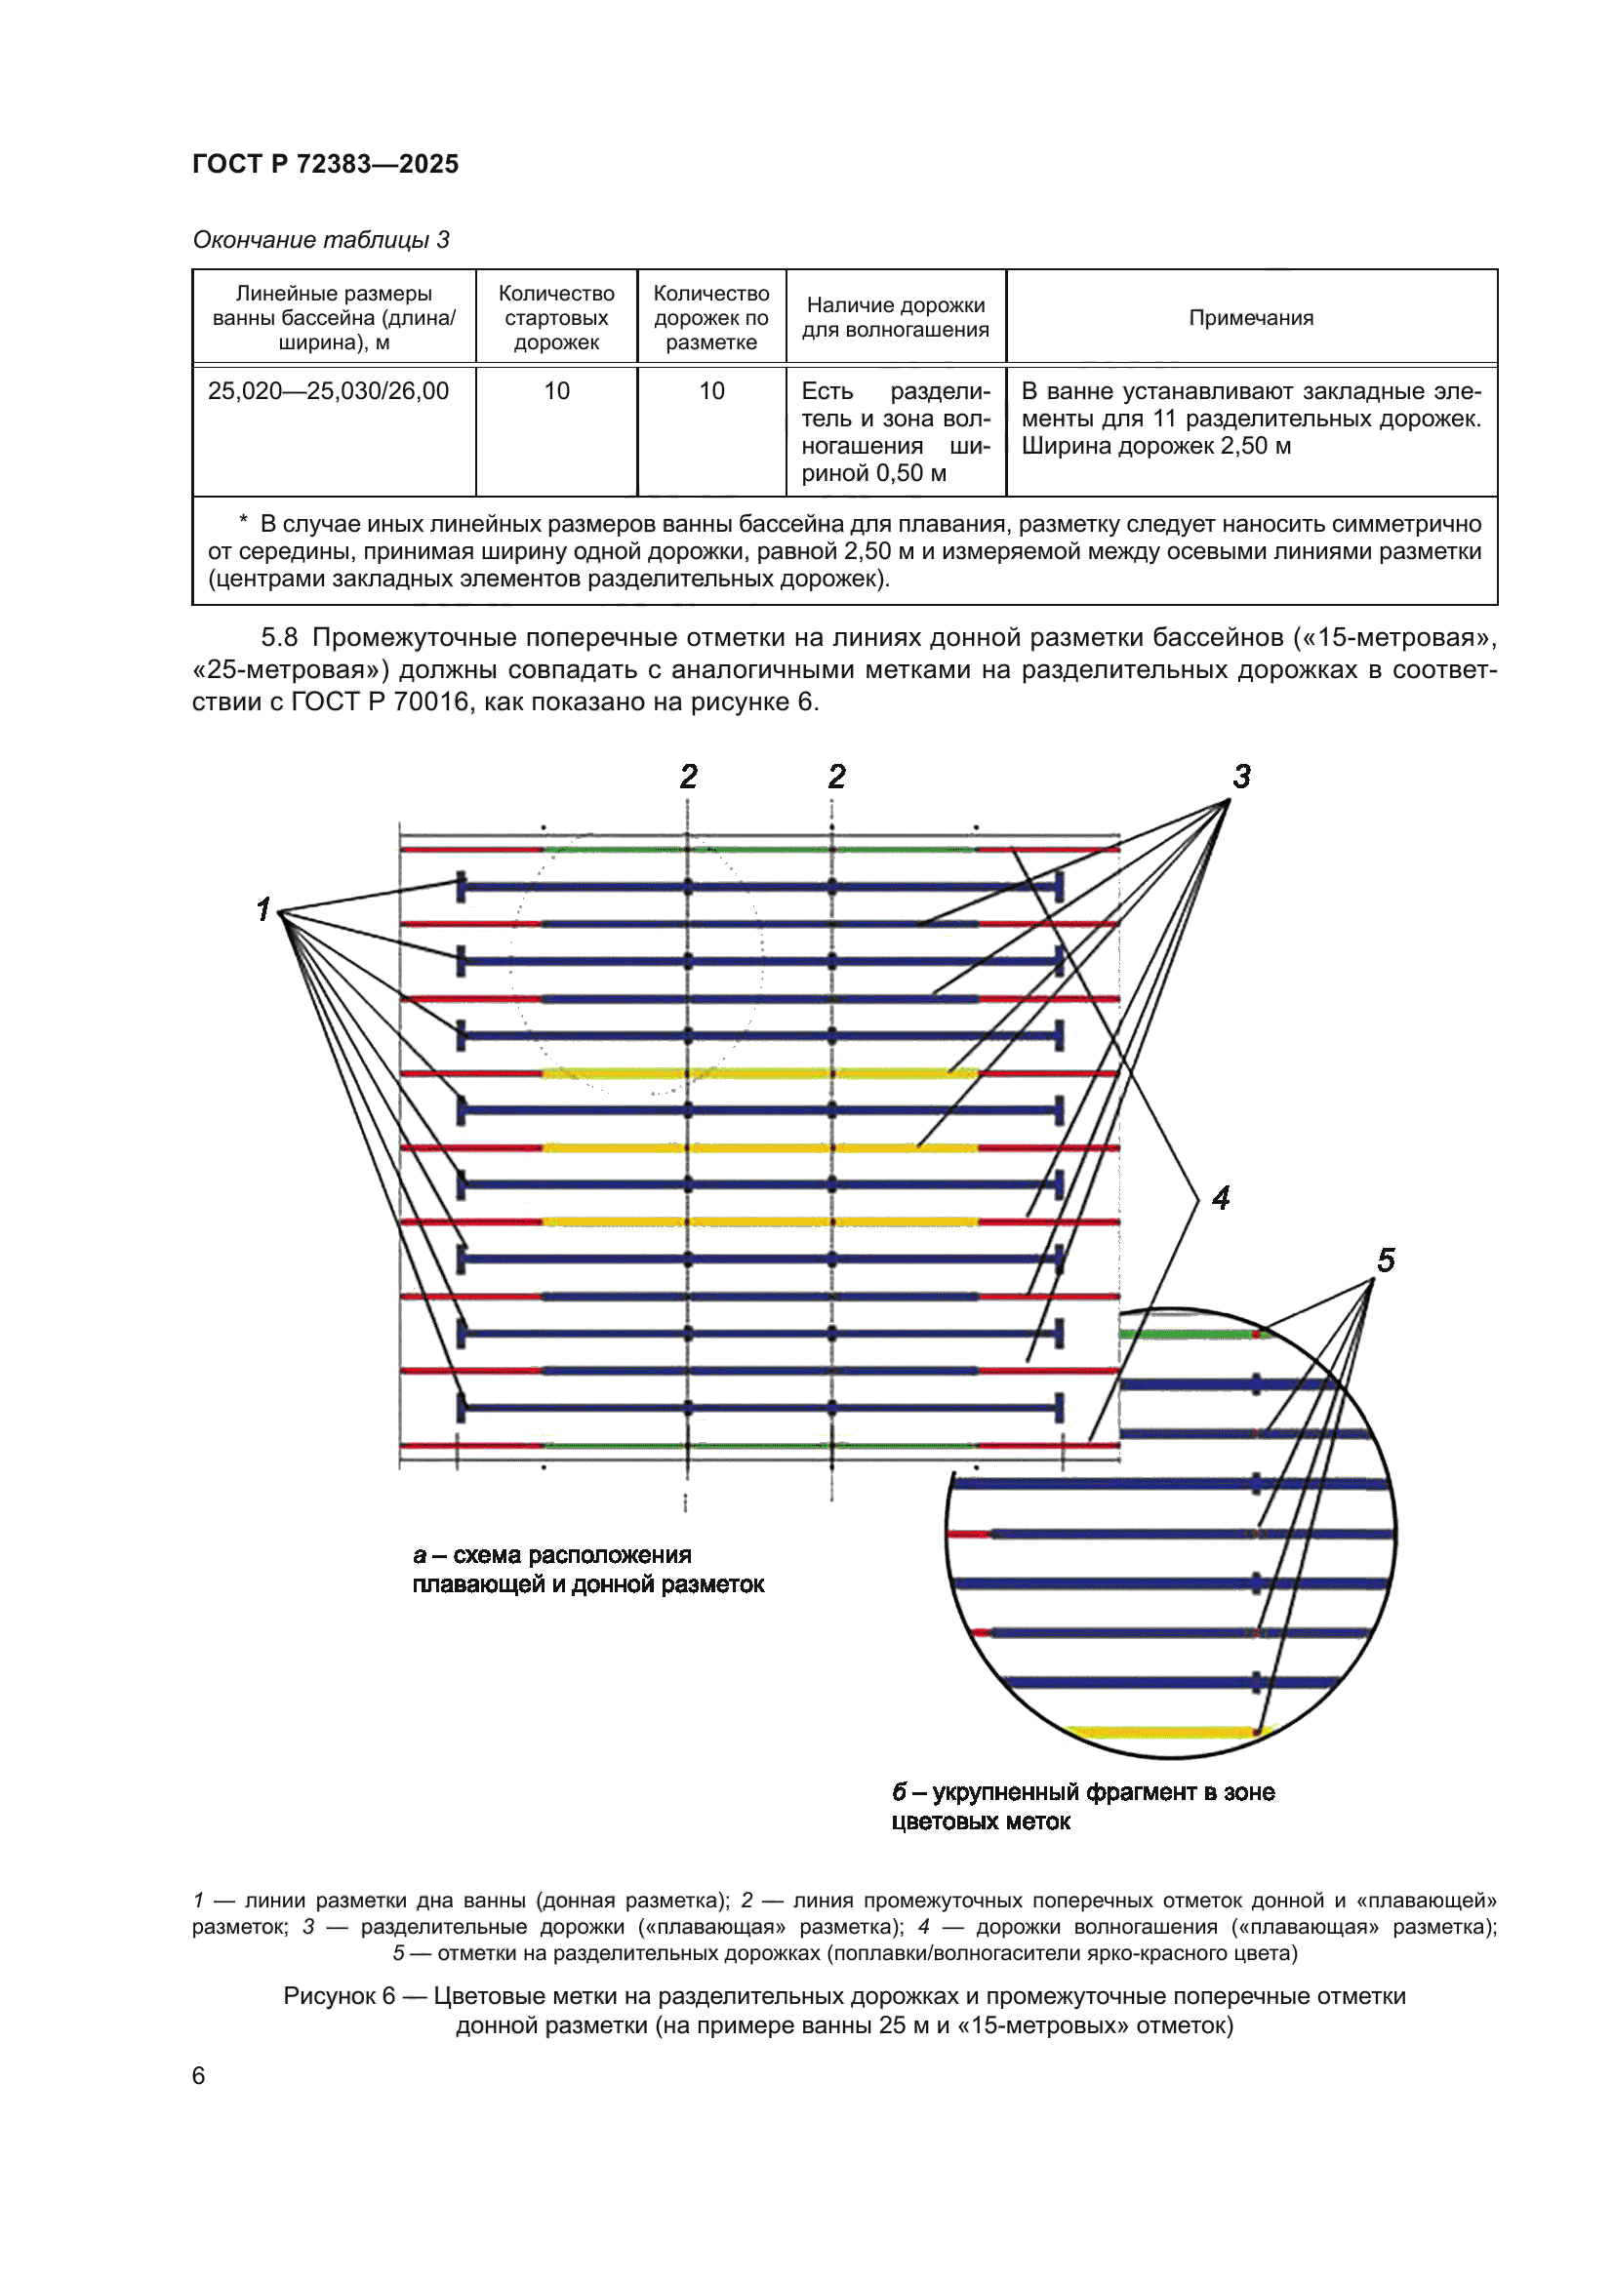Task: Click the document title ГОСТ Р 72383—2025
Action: (325, 164)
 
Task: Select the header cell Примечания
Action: (1250, 318)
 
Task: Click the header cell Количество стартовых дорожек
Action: (555, 318)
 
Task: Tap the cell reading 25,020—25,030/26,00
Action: (328, 391)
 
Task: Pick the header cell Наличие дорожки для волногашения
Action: (895, 318)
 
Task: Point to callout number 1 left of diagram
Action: (262, 908)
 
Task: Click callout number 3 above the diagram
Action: (1241, 777)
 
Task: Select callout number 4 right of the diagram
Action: (1221, 1198)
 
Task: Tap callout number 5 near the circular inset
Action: (1386, 1261)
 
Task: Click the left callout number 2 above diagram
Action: (689, 777)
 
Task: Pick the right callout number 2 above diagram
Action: (837, 777)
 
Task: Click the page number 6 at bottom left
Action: (199, 2075)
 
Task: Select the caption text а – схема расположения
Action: (551, 1554)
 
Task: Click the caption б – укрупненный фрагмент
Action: (1082, 1792)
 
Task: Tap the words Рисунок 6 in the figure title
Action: (339, 1996)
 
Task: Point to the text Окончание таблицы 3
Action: (320, 240)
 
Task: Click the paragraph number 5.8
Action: (279, 637)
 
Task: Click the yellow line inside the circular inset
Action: (1158, 1733)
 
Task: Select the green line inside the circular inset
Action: (1183, 1334)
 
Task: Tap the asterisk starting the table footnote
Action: (243, 524)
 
